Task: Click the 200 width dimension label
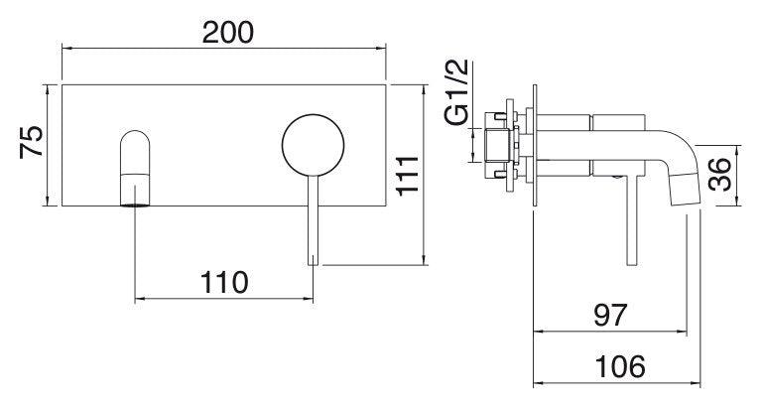(x=228, y=33)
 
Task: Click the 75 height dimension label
(x=32, y=142)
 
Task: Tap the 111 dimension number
(x=407, y=176)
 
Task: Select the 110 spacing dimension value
(x=224, y=283)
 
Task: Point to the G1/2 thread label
(x=455, y=92)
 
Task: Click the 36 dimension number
(x=719, y=174)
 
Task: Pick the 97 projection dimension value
(x=611, y=315)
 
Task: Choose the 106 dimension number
(x=620, y=366)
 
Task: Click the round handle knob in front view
(x=313, y=145)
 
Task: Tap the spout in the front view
(x=135, y=168)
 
